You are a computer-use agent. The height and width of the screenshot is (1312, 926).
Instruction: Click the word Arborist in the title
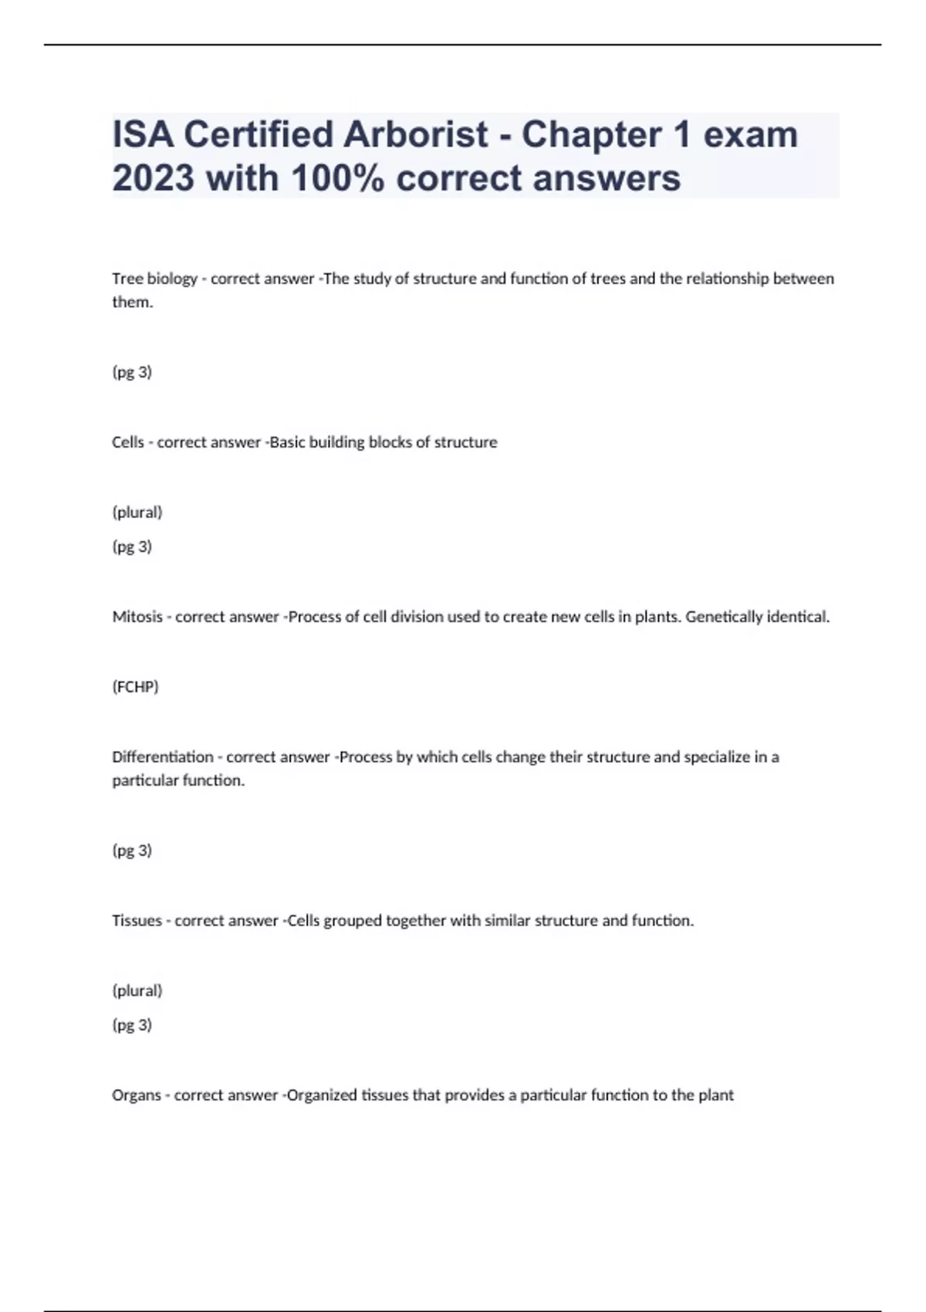(x=415, y=134)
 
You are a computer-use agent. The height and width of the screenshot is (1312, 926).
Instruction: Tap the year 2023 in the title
(x=153, y=178)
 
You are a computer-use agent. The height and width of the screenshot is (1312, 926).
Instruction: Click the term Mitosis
(x=137, y=617)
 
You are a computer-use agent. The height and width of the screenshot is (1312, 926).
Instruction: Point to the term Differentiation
(x=162, y=757)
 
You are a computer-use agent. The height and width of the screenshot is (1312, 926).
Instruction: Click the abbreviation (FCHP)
(x=135, y=687)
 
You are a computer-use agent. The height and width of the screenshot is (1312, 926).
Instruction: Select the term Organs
(x=137, y=1095)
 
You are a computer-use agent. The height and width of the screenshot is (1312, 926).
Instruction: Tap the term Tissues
(x=137, y=921)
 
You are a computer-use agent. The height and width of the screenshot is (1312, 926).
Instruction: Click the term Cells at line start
(x=128, y=442)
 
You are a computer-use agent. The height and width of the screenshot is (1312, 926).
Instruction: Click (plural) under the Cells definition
(x=137, y=512)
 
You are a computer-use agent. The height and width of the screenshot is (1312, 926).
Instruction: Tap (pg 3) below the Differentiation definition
(x=132, y=850)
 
